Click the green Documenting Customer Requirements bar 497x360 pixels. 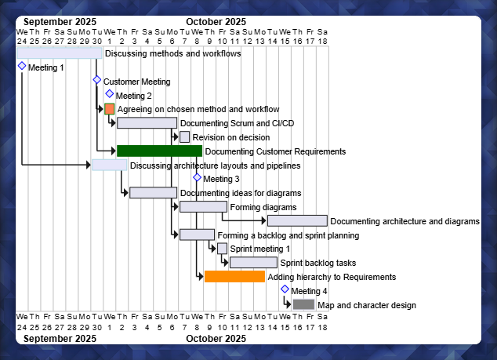click(159, 151)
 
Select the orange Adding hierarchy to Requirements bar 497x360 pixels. click(234, 277)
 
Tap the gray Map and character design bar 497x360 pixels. click(303, 304)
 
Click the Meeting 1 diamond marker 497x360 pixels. click(22, 67)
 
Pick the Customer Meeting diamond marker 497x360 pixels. click(97, 80)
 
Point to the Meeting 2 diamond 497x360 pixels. click(110, 94)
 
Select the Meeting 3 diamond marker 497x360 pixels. click(198, 177)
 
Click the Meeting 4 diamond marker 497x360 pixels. click(285, 289)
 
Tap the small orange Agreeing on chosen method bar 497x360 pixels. click(110, 109)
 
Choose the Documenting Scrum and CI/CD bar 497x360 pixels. click(147, 123)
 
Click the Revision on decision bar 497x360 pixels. click(185, 137)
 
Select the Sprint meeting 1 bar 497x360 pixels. click(223, 249)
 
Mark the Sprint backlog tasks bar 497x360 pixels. click(253, 263)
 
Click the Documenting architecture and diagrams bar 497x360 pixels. click(297, 221)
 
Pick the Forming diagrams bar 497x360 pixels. click(203, 207)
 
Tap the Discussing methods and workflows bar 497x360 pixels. click(60, 53)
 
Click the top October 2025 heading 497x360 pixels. click(216, 22)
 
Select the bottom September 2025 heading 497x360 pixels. click(60, 339)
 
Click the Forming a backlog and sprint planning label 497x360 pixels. click(288, 235)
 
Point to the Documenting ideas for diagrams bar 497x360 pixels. click(153, 193)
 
